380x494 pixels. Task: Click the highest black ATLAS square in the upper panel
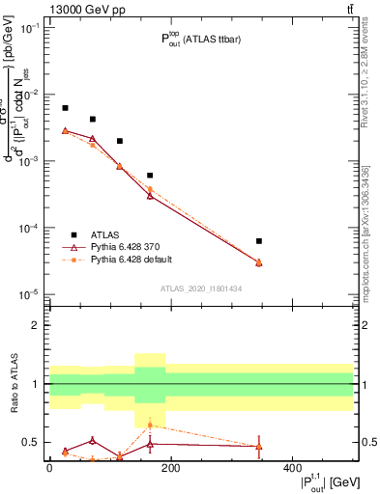(x=65, y=108)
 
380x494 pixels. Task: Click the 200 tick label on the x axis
(x=170, y=468)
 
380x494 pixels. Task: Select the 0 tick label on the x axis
(x=49, y=468)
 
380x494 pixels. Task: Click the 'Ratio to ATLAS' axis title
(x=13, y=383)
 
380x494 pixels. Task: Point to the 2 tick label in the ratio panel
(x=37, y=325)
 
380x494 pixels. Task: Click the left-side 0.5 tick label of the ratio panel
(x=32, y=443)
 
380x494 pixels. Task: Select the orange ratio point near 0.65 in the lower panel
(x=150, y=425)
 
